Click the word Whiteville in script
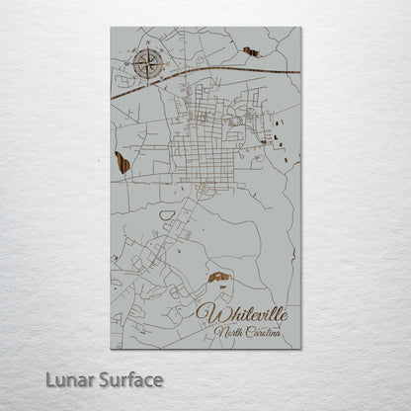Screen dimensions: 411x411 point(243,313)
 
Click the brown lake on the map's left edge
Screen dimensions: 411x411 point(122,162)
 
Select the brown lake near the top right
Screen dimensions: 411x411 point(250,51)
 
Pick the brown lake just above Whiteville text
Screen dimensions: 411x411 point(218,281)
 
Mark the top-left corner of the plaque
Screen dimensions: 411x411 point(111,28)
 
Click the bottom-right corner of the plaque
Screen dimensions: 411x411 point(301,349)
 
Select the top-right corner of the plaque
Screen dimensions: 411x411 point(301,28)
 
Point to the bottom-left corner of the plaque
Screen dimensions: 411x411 point(111,349)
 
